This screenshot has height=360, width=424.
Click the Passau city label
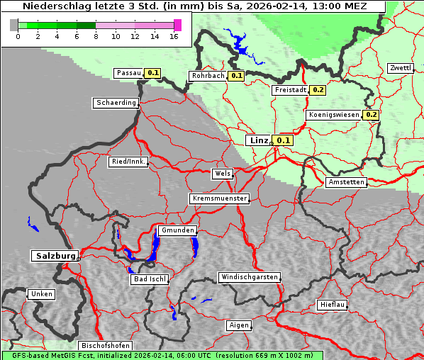click(128, 73)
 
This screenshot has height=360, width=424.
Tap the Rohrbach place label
click(207, 76)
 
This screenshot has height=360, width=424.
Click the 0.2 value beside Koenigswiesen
click(371, 115)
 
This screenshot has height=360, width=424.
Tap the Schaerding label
click(116, 103)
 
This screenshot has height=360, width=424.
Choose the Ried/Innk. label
click(128, 162)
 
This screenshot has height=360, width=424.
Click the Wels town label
click(222, 174)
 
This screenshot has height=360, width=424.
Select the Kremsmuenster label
click(219, 198)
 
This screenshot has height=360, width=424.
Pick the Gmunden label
click(177, 230)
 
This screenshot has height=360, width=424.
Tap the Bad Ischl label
click(150, 279)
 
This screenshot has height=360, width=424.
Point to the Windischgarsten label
click(248, 277)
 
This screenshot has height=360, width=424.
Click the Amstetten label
click(346, 182)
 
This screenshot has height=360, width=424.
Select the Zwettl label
click(400, 68)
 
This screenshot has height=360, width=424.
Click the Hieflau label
click(333, 305)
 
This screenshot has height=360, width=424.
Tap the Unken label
click(41, 294)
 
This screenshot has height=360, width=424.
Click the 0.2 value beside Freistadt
click(318, 90)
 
